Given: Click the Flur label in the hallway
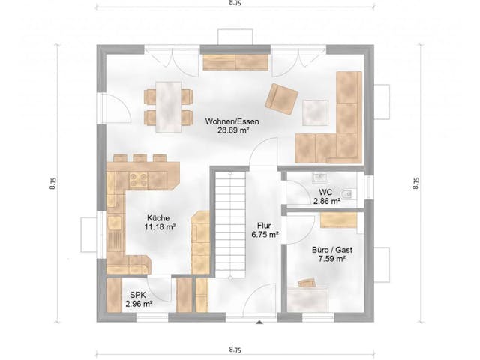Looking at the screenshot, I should (264, 224).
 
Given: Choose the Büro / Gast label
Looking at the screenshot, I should (329, 248).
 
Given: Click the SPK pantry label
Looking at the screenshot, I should (139, 295).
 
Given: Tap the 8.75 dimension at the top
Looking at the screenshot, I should (235, 4).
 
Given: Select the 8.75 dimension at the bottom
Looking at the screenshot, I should (235, 349).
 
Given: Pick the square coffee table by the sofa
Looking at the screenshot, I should (316, 112).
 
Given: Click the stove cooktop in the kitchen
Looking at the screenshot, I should (138, 179).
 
